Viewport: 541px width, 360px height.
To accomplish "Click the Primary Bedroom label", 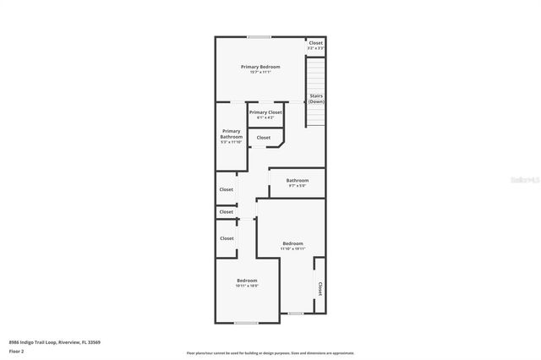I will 260,67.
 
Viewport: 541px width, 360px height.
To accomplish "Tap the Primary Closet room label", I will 265,112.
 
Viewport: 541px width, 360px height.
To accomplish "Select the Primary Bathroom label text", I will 231,134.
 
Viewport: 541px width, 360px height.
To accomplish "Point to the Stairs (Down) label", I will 316,99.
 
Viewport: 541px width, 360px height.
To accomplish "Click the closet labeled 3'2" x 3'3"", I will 315,46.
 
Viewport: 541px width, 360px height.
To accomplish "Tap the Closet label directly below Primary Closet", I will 263,137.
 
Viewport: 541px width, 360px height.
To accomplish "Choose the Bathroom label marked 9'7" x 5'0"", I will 297,180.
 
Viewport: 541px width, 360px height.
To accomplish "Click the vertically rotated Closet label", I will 320,289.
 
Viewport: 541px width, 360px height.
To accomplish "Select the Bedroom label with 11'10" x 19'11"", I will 292,243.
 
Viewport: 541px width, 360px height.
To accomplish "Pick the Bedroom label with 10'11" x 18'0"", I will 247,281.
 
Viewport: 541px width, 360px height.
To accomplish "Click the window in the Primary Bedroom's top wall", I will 259,36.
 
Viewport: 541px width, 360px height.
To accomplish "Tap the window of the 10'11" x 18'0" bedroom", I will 246,323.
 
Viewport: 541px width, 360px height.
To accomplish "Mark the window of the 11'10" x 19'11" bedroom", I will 295,314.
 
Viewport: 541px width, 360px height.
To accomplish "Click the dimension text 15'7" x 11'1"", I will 260,73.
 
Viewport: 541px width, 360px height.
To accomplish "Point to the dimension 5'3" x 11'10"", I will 231,142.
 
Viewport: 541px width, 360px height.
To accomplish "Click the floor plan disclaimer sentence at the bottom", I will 270,353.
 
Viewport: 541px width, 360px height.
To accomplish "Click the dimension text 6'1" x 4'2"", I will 265,117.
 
